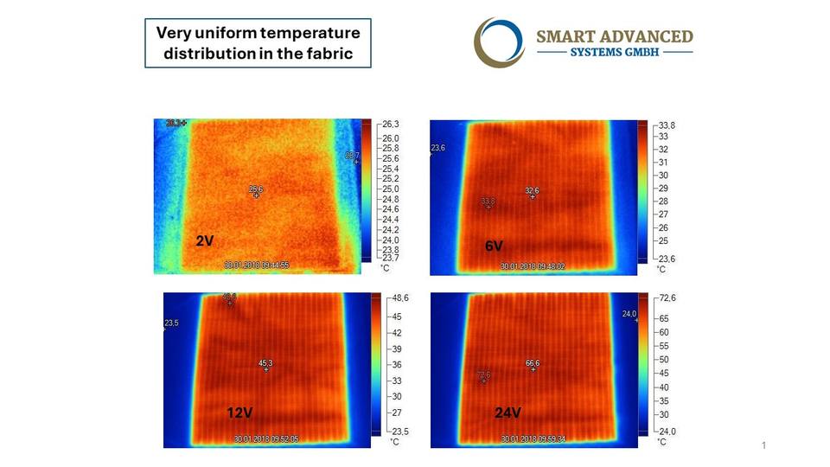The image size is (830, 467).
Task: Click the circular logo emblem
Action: pos(500,42)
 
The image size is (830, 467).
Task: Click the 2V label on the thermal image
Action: pos(205,241)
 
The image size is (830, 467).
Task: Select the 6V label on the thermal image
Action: pos(494,246)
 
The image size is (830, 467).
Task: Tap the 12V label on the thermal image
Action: pos(239,413)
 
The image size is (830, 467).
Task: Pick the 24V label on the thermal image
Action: pos(508,413)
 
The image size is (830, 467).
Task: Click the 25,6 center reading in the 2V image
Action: pos(256,189)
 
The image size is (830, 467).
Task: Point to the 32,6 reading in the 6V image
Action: pos(532,190)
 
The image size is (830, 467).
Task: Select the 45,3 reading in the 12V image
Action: pos(265,362)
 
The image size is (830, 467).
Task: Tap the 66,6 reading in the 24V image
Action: pos(533,363)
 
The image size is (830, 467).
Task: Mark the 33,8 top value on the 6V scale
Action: pos(667,125)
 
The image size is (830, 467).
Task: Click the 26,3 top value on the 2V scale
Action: pos(392,124)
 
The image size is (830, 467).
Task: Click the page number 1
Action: pos(764,445)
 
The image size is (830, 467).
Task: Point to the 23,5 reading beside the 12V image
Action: pos(171,323)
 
